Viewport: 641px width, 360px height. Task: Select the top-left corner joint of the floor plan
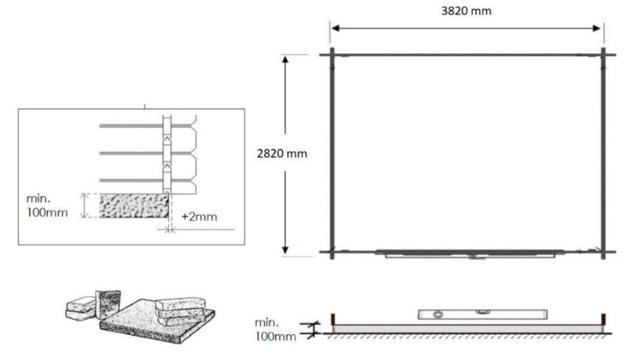click(x=331, y=54)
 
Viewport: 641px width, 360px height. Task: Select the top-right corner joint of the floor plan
click(x=603, y=54)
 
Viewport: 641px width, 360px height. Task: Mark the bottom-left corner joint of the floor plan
click(x=331, y=252)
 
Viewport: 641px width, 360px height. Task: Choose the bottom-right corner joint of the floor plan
click(x=603, y=252)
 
